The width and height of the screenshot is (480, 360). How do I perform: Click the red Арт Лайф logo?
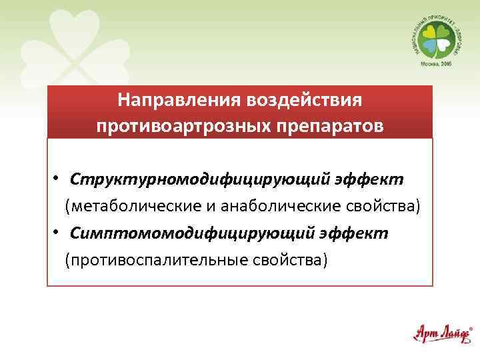pyautogui.click(x=441, y=333)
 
